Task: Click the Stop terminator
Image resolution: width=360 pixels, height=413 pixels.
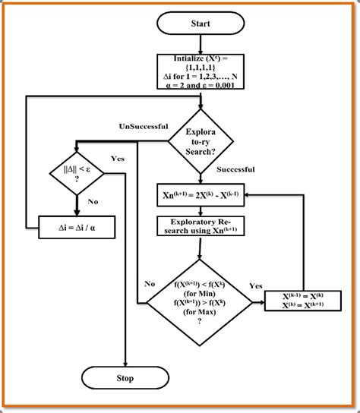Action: pos(125,377)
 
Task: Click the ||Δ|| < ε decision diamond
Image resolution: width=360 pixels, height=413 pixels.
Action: pos(76,175)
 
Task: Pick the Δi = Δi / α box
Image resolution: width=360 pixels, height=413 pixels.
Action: pos(76,225)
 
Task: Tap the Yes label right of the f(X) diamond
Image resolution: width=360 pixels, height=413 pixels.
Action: pos(257,286)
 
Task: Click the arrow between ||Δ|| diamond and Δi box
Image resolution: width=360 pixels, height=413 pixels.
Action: pos(76,205)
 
